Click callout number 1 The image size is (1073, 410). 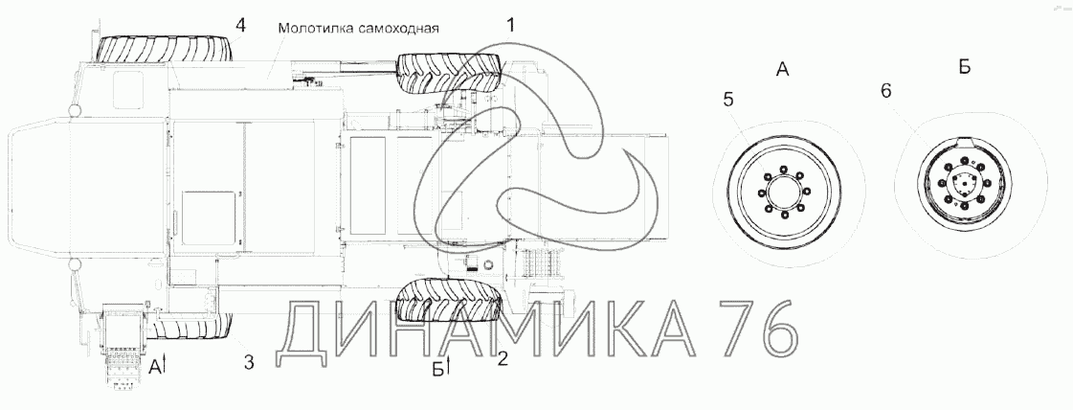click(509, 25)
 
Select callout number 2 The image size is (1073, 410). click(503, 358)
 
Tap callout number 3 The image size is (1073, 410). click(249, 362)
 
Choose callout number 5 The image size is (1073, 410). click(728, 100)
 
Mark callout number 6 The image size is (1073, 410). click(885, 91)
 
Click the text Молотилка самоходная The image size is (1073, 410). click(358, 28)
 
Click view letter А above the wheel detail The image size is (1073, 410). click(783, 68)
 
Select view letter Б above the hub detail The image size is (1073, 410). click(964, 66)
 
